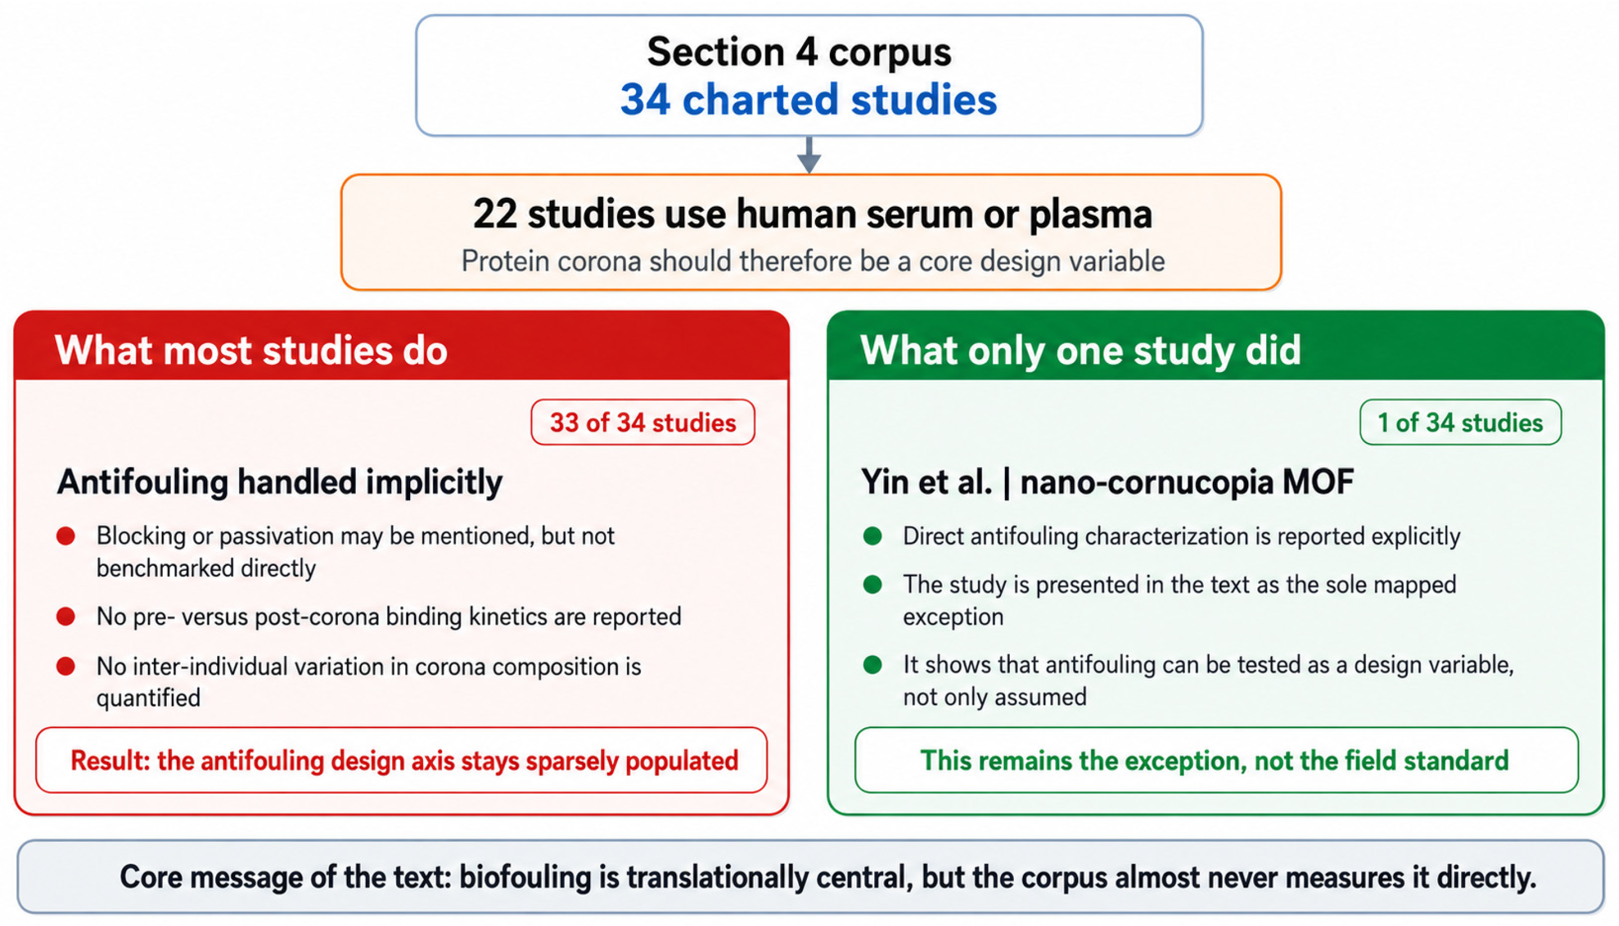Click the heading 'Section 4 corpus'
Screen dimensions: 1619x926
click(x=799, y=52)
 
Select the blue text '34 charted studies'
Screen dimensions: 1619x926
click(x=808, y=100)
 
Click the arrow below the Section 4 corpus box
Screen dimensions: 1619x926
click(x=809, y=155)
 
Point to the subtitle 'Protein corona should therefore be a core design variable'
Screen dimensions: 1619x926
click(x=813, y=261)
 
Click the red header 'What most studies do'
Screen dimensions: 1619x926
click(x=251, y=350)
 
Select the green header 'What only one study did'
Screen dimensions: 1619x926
click(x=1080, y=350)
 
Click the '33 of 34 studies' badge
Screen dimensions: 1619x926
click(x=643, y=422)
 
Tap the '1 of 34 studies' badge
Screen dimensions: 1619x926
click(x=1460, y=422)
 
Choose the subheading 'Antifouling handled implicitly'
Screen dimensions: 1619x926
click(x=280, y=482)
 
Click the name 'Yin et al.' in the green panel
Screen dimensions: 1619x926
click(x=926, y=481)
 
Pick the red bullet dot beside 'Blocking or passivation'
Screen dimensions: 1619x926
click(x=66, y=536)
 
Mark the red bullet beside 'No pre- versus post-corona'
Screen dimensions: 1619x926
click(x=66, y=616)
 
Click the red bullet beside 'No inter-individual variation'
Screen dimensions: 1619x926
click(x=66, y=666)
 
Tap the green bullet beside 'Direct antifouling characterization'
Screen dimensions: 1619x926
click(x=873, y=536)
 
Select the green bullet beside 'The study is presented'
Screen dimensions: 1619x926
click(x=873, y=585)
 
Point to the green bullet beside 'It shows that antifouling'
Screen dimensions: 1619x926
click(x=873, y=665)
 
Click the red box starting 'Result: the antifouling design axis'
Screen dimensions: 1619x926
click(x=401, y=760)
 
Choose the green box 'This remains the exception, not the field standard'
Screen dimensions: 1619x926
click(x=1217, y=760)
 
